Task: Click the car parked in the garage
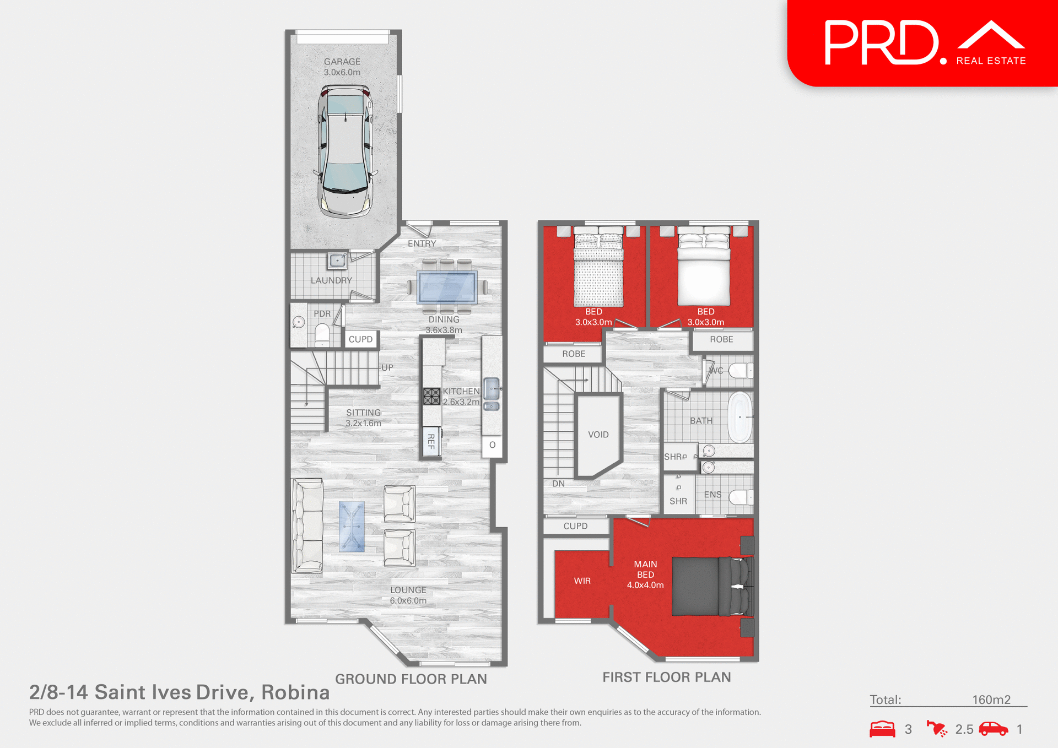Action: click(x=345, y=150)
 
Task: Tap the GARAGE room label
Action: click(x=342, y=62)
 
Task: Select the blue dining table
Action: click(x=447, y=287)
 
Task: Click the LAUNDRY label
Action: click(x=331, y=280)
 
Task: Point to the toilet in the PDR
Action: click(x=322, y=334)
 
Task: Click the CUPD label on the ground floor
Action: click(x=360, y=339)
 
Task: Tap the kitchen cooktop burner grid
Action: click(x=431, y=396)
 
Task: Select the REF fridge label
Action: click(x=431, y=441)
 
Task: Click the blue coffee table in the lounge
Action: click(x=352, y=526)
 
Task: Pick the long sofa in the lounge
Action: click(x=307, y=526)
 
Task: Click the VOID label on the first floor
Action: click(x=598, y=435)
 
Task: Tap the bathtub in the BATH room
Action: click(x=740, y=417)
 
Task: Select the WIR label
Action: click(x=582, y=581)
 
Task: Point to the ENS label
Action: click(x=712, y=495)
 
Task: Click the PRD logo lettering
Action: click(x=882, y=43)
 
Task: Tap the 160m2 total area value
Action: click(x=991, y=700)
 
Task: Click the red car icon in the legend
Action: click(x=993, y=729)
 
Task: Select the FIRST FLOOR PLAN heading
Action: click(x=666, y=677)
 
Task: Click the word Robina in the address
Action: click(x=295, y=692)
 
